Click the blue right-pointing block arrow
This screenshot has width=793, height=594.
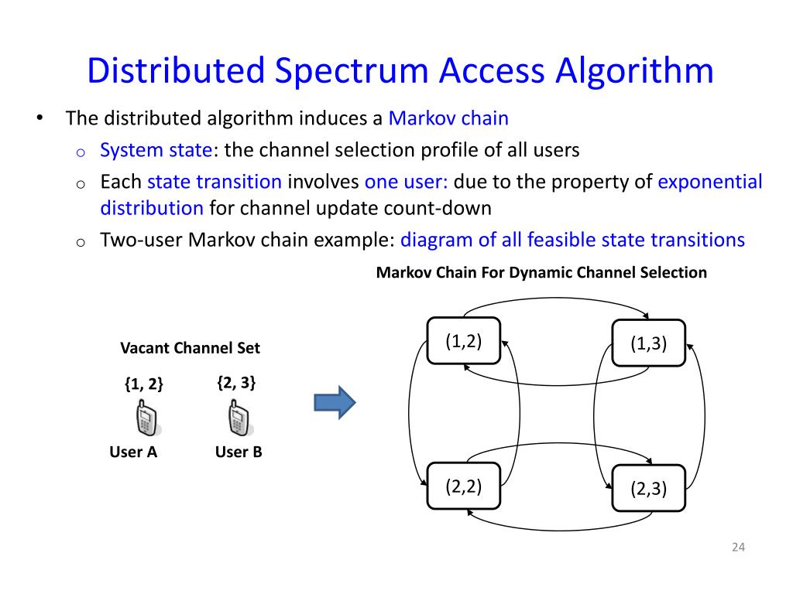coord(334,403)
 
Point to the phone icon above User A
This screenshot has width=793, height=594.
coord(146,420)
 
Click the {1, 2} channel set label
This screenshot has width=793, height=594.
coord(143,384)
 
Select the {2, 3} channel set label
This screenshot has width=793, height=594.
coord(236,382)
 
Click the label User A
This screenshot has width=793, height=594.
coord(133,452)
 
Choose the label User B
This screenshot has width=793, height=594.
coord(239,452)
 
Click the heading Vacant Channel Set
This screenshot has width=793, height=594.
coord(190,348)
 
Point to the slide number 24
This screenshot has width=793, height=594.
coord(737,548)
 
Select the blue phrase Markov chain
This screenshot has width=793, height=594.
coord(448,118)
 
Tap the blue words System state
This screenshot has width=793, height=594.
coord(150,150)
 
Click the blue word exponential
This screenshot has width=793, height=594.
coord(710,183)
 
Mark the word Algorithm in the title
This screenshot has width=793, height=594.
coord(633,71)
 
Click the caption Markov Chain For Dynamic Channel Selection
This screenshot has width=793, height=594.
coord(541,272)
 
